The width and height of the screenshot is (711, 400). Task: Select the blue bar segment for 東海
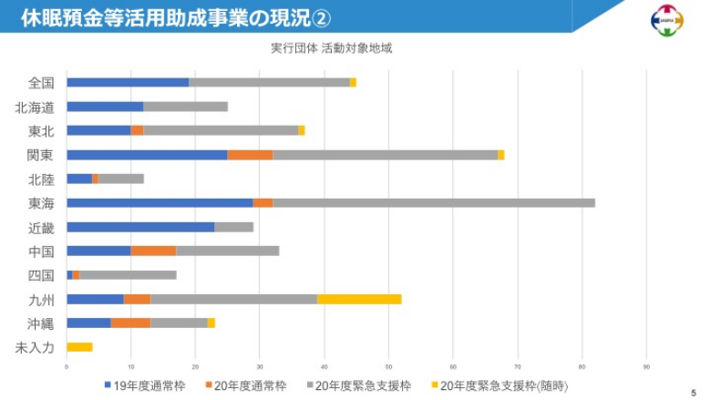coord(160,202)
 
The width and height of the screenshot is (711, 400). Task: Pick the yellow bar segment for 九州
coord(359,299)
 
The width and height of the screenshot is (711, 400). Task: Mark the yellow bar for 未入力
coord(79,346)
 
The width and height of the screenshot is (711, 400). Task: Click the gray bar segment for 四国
coord(128,274)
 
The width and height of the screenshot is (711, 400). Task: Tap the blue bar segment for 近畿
coord(140,227)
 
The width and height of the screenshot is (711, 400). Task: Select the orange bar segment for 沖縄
coord(130,323)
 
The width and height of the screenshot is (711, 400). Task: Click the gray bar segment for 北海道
coord(185,107)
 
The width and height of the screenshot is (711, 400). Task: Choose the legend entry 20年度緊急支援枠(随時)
coord(497,386)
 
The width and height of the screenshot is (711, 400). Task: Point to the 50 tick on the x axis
coord(388,366)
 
